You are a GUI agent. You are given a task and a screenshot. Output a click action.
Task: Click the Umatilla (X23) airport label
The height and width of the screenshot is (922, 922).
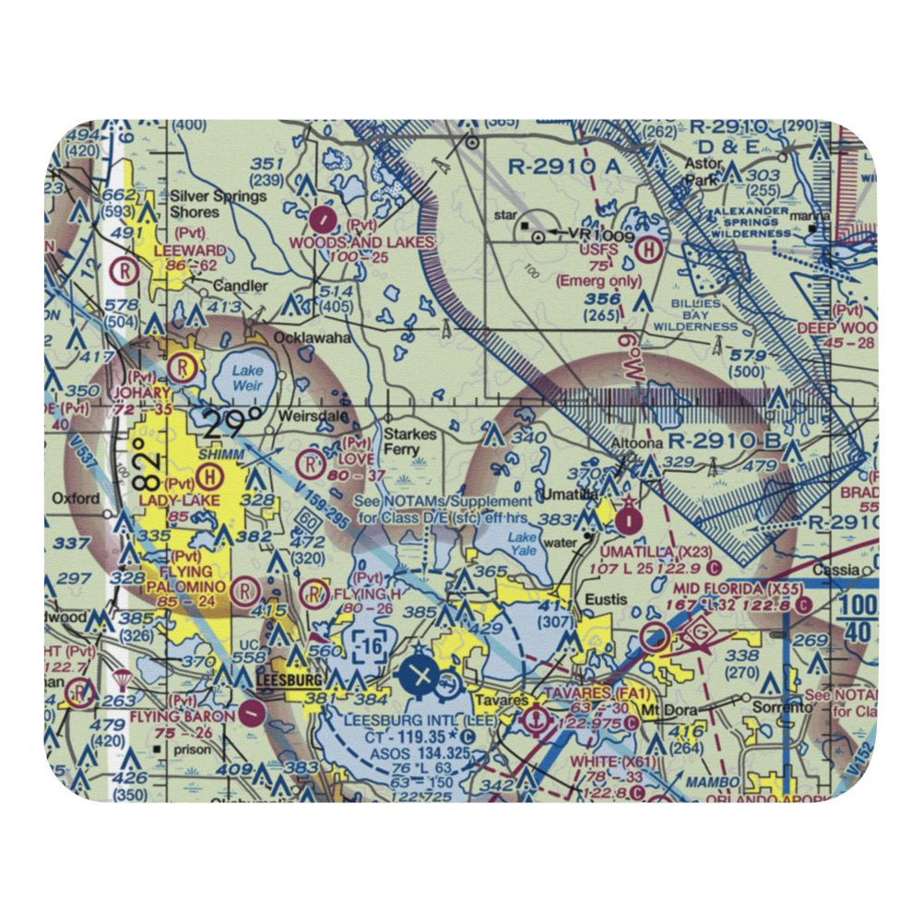656,550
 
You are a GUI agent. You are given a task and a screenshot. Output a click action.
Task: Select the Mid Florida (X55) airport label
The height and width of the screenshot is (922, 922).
730,588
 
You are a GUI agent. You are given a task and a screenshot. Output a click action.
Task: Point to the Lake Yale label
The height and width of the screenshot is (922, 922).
523,543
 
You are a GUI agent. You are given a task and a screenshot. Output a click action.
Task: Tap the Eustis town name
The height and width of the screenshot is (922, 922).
607,600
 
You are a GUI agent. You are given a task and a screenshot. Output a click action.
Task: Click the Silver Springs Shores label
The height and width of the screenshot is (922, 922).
220,204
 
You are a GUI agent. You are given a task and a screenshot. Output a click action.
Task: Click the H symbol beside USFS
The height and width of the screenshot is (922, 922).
652,248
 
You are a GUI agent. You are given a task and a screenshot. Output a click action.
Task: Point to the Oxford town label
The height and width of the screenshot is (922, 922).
76,499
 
